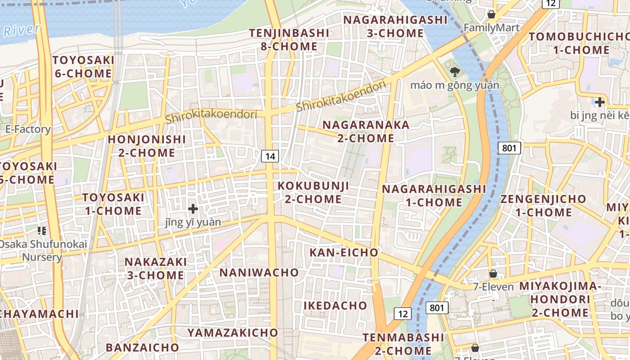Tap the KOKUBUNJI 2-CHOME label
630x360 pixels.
313,192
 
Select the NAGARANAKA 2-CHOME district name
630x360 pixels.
366,131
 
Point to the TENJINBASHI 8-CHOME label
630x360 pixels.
289,40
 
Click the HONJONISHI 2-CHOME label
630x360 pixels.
147,146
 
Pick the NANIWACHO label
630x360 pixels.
259,272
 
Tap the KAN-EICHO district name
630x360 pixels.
344,252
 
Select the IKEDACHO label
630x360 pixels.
335,306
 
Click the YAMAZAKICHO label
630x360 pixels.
233,333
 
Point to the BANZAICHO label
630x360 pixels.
142,347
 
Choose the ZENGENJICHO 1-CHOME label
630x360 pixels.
543,205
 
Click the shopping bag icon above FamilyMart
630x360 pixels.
491,14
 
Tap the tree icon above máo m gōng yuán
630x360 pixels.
454,72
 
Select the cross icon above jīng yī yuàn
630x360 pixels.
193,209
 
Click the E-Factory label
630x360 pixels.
28,130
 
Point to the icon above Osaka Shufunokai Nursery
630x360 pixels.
42,231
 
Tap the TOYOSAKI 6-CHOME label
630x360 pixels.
83,67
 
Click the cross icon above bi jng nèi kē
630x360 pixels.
599,102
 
